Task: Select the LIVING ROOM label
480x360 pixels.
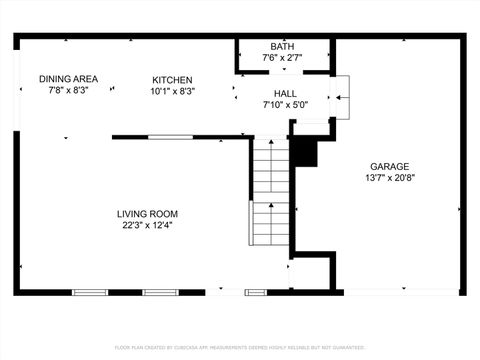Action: tap(147, 213)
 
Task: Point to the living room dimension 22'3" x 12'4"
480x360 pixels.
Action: tap(147, 225)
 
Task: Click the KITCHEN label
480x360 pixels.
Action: tap(172, 80)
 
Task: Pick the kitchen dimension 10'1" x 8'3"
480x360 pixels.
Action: tap(172, 91)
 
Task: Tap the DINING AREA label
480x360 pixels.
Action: tap(68, 79)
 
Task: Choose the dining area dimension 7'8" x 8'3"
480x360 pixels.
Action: tap(68, 91)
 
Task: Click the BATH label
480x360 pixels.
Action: tap(282, 46)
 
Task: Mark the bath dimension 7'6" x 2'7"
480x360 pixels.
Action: tap(282, 58)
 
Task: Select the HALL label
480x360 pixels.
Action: tap(283, 92)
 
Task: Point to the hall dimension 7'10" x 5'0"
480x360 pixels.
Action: tap(283, 104)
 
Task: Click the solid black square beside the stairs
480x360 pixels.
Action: tap(304, 152)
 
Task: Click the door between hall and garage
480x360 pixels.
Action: tap(341, 97)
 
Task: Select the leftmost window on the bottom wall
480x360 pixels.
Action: tap(90, 292)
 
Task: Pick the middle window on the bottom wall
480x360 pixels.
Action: tap(159, 292)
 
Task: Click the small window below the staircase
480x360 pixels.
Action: tap(256, 292)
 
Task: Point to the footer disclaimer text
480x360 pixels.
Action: tap(240, 347)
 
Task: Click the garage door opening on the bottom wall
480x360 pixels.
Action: tap(400, 292)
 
